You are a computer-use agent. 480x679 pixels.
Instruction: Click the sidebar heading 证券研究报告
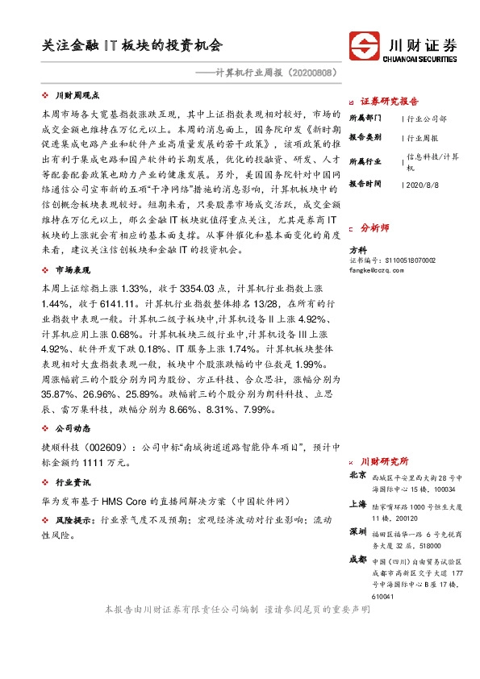pos(389,102)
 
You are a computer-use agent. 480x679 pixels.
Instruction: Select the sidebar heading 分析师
pos(374,228)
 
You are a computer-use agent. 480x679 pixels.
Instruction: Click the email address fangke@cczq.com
pos(375,271)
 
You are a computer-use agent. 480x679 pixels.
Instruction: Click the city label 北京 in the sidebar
pos(357,476)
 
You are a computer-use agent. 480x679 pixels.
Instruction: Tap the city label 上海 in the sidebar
pos(357,503)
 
